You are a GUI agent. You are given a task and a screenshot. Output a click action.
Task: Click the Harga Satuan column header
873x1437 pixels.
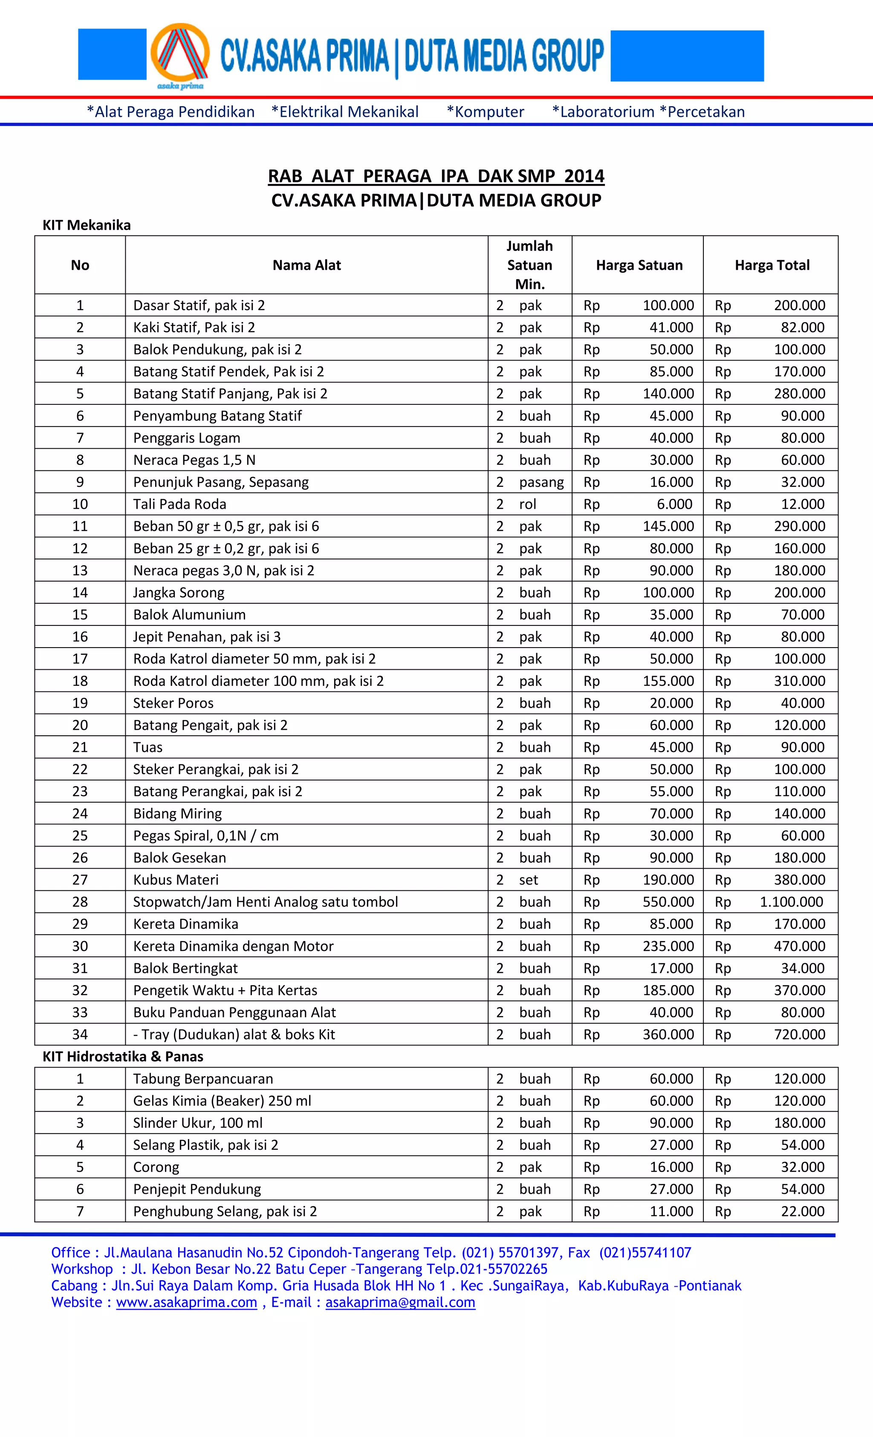pos(639,265)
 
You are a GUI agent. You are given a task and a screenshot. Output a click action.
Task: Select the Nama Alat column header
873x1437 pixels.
pos(306,265)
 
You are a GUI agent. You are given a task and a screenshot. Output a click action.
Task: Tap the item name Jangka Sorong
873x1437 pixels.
pos(179,593)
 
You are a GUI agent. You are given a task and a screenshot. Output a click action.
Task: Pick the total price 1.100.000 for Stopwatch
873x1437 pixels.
pos(791,901)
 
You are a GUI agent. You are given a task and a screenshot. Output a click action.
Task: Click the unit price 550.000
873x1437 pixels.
pos(668,901)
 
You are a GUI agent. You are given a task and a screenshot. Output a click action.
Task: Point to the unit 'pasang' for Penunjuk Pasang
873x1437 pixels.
pos(541,482)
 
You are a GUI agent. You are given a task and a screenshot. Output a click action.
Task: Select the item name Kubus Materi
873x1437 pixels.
pos(176,879)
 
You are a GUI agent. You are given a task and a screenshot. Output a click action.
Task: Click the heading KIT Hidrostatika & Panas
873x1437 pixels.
pos(122,1056)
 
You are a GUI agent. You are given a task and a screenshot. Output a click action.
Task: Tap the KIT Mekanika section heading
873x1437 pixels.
pos(87,225)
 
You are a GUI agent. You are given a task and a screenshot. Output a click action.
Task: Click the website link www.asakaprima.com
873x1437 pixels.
pos(186,1302)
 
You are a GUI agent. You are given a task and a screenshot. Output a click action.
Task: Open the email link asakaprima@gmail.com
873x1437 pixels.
pos(400,1302)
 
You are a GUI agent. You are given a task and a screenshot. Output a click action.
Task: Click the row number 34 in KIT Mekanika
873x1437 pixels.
pos(80,1034)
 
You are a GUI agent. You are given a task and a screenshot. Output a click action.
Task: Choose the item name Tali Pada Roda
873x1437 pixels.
pos(179,504)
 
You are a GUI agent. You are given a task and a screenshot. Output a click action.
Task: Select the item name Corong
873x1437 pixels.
pos(156,1167)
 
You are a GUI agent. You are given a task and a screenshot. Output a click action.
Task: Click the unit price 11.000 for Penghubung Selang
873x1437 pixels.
pos(671,1211)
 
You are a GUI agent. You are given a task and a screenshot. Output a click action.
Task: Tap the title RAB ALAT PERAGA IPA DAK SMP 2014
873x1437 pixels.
pos(436,176)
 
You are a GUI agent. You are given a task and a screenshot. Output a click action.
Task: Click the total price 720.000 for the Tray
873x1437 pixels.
pos(800,1034)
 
